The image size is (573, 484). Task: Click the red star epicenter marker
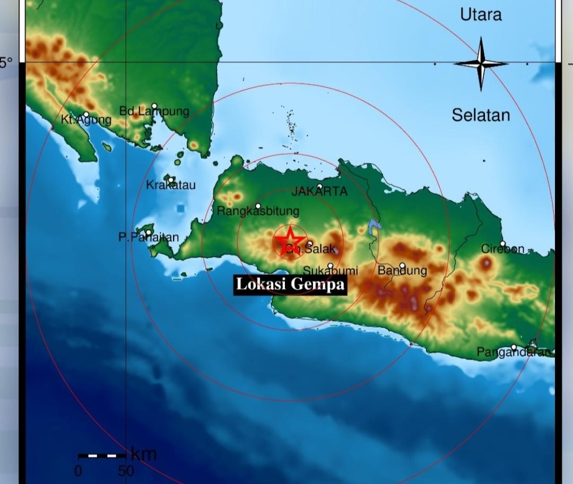coord(290,239)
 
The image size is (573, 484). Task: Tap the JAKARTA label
coord(319,192)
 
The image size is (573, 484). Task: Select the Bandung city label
coord(402,271)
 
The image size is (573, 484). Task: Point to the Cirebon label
coord(502,249)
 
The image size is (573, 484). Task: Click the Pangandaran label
coord(514,352)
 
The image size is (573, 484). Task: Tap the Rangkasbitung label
coord(258,211)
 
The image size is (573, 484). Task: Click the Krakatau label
coord(171,185)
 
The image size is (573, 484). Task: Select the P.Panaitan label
coord(149,237)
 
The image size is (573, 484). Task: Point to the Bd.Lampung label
coord(154,111)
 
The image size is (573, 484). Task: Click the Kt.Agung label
coord(86,120)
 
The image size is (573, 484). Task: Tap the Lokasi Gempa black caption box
coord(290,284)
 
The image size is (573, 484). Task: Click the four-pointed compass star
coord(481,64)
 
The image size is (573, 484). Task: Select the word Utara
coord(481,15)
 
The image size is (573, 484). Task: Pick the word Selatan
coord(481,115)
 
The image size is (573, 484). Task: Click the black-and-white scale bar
coord(102,455)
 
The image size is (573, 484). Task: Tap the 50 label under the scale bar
coord(126,471)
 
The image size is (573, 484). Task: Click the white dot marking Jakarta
coord(320,187)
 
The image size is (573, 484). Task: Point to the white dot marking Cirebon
coord(502,244)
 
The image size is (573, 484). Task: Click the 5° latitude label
coord(6,63)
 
